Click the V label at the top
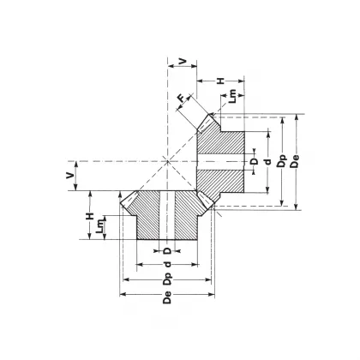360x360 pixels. (182, 61)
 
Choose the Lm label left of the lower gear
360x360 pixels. (103, 229)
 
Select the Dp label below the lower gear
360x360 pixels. (168, 279)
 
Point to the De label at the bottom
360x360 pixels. (168, 297)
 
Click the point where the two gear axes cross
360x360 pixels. (168, 160)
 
